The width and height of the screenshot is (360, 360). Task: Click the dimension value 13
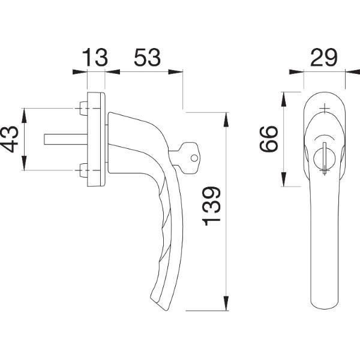pos(95,57)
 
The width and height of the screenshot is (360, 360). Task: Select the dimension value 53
pos(147,57)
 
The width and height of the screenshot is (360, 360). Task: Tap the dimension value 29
pos(324,57)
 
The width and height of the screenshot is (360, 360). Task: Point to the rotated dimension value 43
pos(9,139)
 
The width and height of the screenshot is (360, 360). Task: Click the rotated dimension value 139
pos(211,206)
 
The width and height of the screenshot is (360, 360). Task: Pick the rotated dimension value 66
pos(269,139)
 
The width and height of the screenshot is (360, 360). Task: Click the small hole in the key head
pos(194,158)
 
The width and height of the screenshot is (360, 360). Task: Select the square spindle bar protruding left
pos(65,139)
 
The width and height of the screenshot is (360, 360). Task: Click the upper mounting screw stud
pos(83,109)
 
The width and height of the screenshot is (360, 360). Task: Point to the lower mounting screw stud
pos(83,170)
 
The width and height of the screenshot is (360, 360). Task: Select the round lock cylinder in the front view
pos(324,158)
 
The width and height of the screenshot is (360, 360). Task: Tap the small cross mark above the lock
pos(325,108)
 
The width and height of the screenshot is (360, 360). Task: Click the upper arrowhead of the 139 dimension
pos(226,119)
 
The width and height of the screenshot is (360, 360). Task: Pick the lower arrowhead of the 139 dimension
pos(226,304)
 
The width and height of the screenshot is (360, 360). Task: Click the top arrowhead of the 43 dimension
pos(24,115)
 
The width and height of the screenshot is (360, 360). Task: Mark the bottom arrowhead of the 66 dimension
pos(284,179)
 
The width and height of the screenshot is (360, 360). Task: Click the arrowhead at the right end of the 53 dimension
pos(176,72)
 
